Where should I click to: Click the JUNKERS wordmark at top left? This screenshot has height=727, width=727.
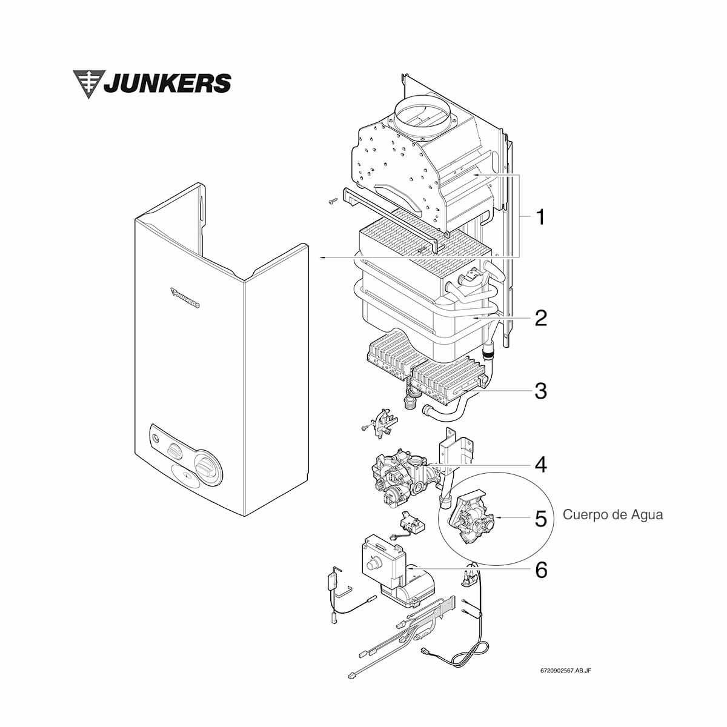click(x=167, y=83)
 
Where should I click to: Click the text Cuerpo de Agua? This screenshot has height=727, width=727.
click(x=613, y=515)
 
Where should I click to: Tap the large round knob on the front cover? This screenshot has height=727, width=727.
click(x=206, y=468)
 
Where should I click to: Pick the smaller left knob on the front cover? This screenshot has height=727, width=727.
click(x=174, y=451)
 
